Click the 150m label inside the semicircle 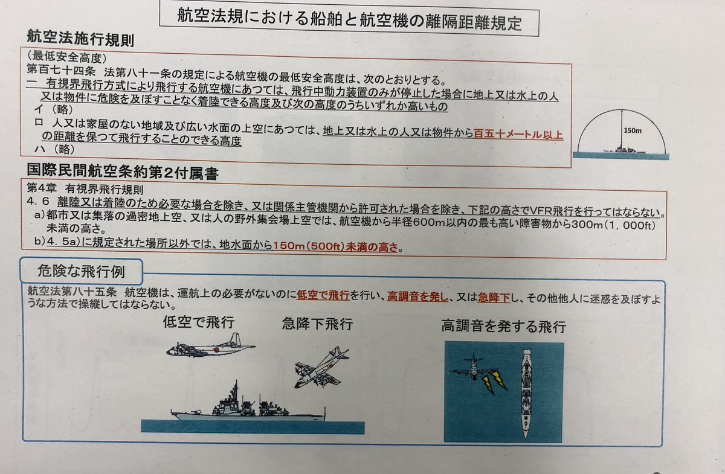(633, 130)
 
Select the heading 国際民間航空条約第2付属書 (122, 171)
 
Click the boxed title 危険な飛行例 (81, 271)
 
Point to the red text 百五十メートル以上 (518, 134)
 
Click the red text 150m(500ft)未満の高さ (335, 246)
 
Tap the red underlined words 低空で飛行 (323, 295)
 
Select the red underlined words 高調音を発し (417, 296)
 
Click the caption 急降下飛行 (317, 324)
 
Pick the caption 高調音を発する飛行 (504, 326)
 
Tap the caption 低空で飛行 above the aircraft (199, 322)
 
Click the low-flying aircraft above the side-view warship (211, 346)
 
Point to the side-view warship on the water (248, 403)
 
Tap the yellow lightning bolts (494, 383)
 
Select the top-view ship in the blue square (527, 394)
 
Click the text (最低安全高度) (66, 57)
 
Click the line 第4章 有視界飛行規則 (85, 188)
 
